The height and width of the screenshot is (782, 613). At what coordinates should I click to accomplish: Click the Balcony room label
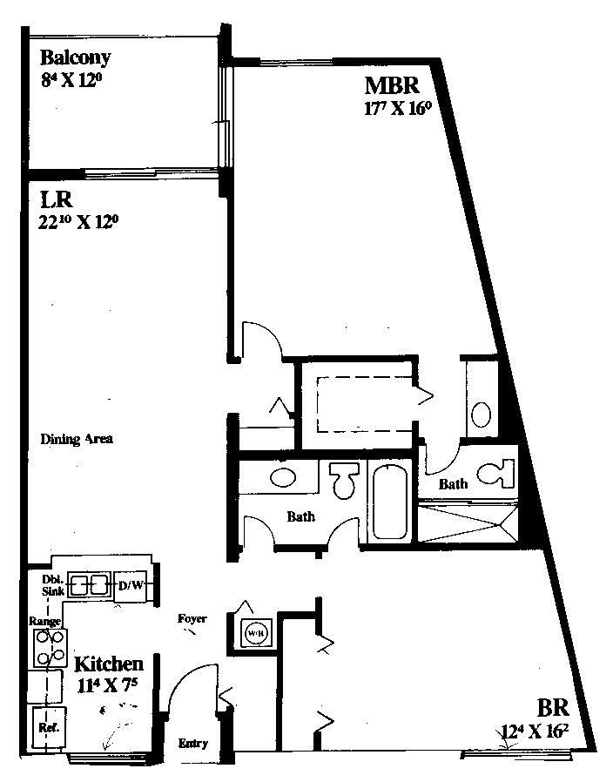[76, 58]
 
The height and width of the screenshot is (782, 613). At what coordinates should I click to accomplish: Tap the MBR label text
[393, 85]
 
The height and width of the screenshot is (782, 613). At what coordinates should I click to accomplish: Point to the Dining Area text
[77, 439]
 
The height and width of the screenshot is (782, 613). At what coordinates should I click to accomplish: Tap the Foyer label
[192, 619]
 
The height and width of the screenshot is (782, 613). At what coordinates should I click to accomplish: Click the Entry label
[192, 743]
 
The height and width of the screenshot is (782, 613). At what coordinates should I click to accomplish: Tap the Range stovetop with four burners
[50, 646]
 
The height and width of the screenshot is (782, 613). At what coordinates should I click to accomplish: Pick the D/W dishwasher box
[131, 585]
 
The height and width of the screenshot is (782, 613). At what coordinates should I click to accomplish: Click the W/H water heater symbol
[255, 631]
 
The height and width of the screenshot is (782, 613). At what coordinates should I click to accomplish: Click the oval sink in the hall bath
[283, 477]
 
